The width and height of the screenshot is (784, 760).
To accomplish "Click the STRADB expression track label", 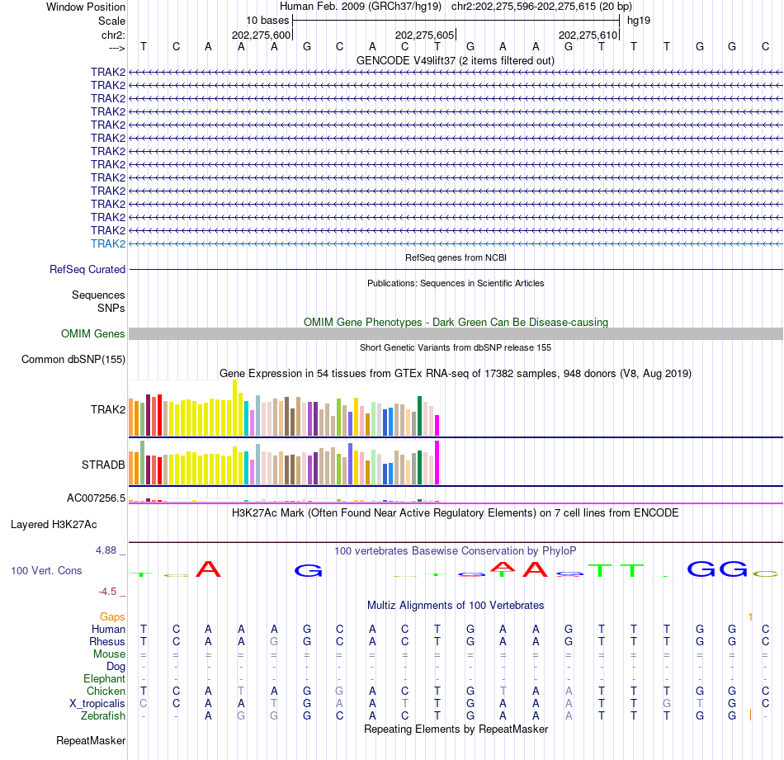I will coord(103,465).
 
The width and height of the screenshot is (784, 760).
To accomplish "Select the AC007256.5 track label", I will coord(96,498).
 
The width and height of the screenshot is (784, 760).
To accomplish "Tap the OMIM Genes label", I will coord(93,334).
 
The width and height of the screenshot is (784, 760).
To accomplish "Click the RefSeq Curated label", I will coord(87,269).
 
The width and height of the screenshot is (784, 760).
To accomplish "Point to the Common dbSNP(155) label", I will coord(73,359).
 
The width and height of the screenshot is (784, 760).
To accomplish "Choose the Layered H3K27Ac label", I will coord(54,524).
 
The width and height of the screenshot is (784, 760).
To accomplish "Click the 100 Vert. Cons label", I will coord(46,570).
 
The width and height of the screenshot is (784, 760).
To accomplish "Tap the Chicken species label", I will coord(106,691).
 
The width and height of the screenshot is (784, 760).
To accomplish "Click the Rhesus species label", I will coord(107,641).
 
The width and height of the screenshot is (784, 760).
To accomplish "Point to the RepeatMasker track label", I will coord(91,741).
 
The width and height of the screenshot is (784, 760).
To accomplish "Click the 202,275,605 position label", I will coord(424,35).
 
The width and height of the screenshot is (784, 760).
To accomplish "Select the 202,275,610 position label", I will coord(588,35).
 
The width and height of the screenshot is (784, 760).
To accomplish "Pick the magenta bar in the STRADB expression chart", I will coord(437,463).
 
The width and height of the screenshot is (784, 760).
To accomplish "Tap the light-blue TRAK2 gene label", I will coord(108,243).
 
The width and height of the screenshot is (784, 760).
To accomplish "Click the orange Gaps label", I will coord(112,616).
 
